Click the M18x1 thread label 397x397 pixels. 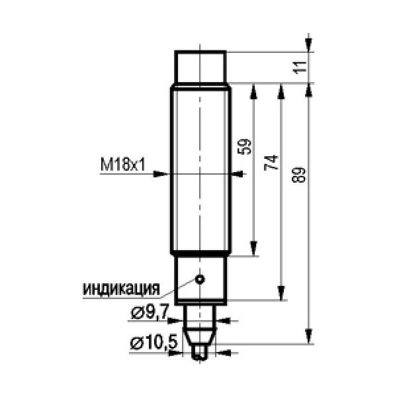(123, 165)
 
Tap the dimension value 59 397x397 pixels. (245, 147)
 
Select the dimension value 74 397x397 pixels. (272, 163)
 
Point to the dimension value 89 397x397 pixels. (299, 175)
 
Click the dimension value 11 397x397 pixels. (300, 67)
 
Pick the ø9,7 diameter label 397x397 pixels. (150, 313)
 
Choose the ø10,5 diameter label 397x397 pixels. (154, 343)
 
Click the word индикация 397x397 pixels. (122, 289)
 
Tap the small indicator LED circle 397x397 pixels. (200, 279)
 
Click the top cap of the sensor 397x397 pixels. (200, 67)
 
